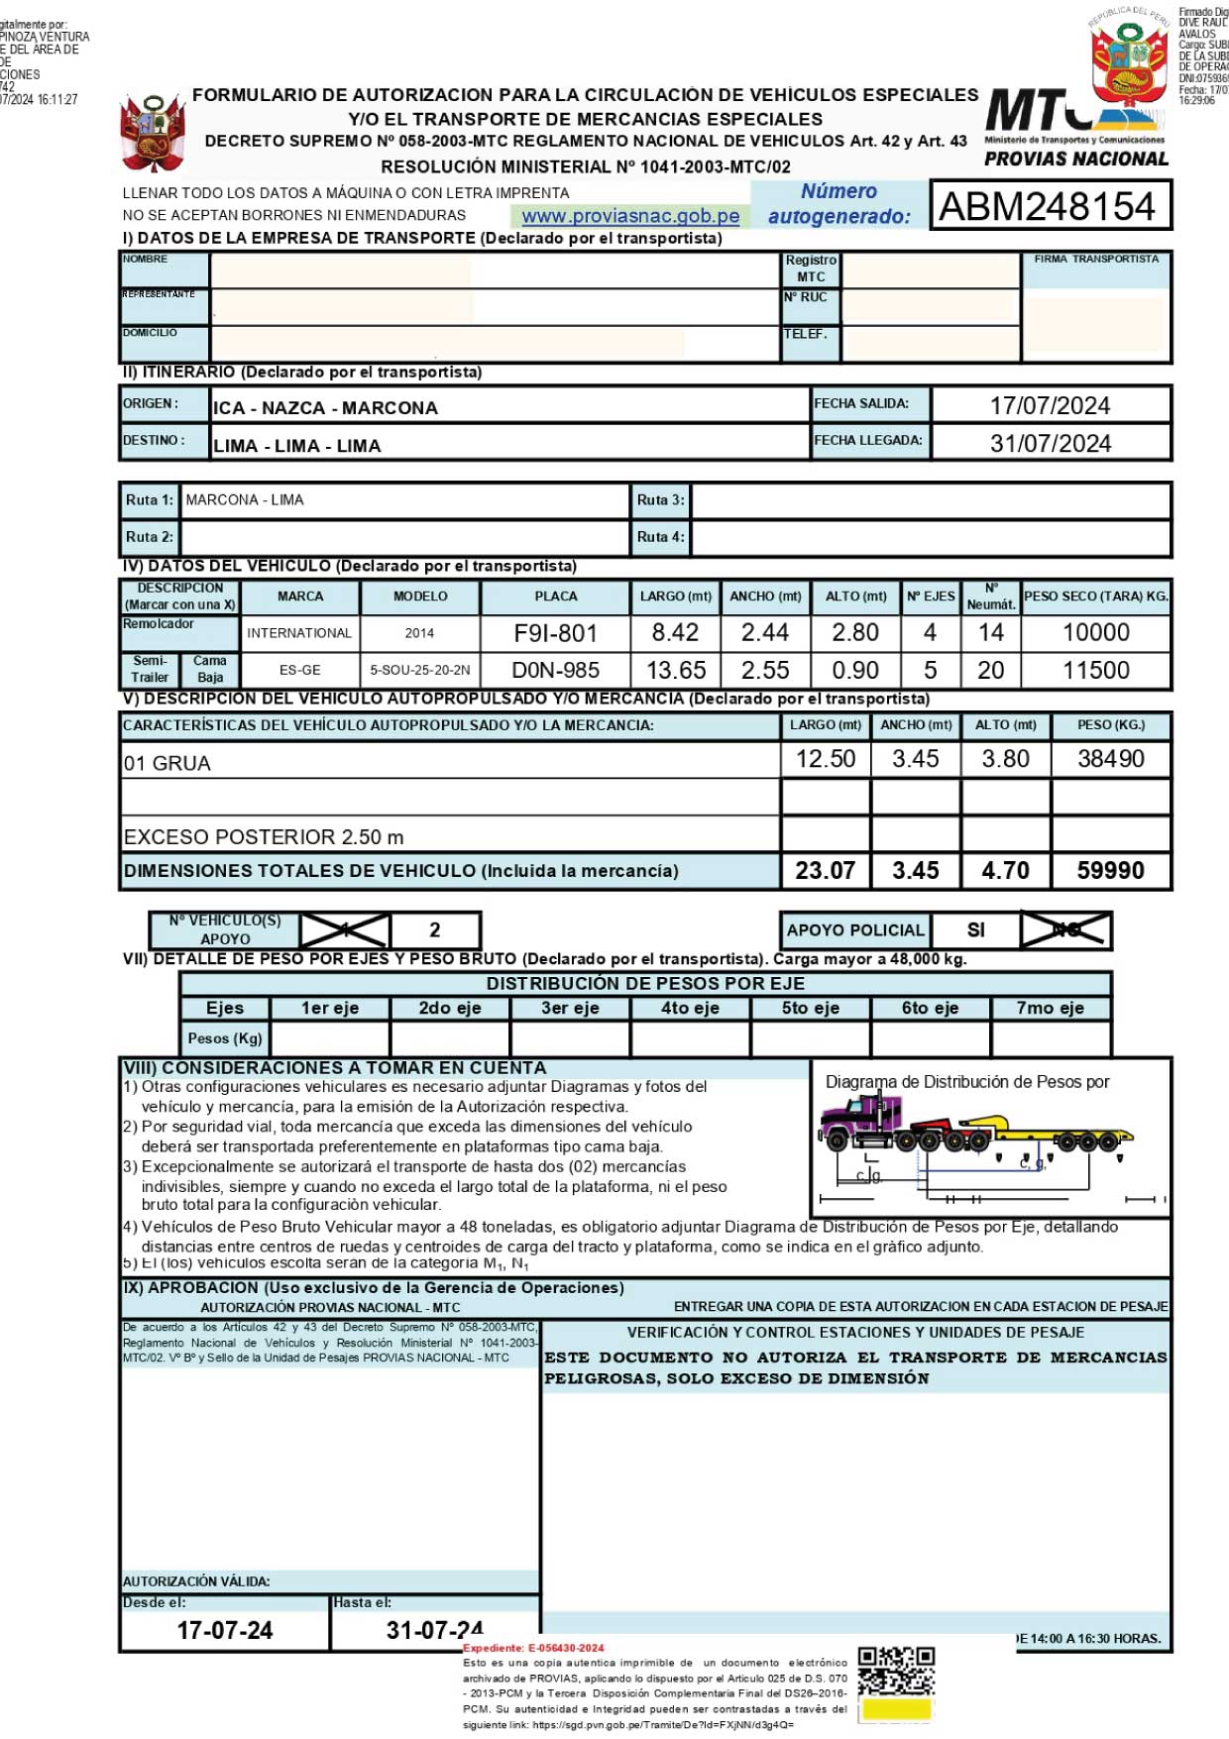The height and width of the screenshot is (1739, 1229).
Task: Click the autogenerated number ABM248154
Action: (x=1048, y=206)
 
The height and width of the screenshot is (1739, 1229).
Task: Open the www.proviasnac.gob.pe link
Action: (x=630, y=216)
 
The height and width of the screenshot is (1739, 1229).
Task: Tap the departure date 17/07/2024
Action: (x=1050, y=405)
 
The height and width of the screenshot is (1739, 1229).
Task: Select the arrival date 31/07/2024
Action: (x=1050, y=443)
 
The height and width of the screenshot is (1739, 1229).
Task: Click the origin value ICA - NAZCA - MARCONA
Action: (x=325, y=408)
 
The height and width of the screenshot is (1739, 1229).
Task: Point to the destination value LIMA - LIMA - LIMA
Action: (x=297, y=446)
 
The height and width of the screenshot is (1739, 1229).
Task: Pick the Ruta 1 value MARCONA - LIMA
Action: (x=245, y=500)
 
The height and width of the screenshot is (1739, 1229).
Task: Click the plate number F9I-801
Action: (x=555, y=633)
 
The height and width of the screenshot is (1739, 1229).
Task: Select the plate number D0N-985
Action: (x=555, y=671)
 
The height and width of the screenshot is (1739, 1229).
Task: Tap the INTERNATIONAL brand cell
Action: (x=299, y=633)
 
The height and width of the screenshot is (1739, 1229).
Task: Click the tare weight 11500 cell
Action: (x=1095, y=671)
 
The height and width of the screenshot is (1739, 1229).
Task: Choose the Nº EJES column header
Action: (x=931, y=597)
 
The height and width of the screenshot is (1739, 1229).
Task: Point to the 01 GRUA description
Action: (x=168, y=764)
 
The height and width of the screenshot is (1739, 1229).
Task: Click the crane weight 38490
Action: (x=1110, y=759)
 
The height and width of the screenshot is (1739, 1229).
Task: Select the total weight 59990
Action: (x=1110, y=871)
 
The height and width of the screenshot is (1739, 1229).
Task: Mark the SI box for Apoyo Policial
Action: (x=975, y=930)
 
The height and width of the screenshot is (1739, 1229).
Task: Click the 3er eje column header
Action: (x=570, y=1009)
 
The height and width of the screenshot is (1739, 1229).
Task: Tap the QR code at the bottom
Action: (x=896, y=1672)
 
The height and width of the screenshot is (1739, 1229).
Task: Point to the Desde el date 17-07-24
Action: (x=225, y=1630)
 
